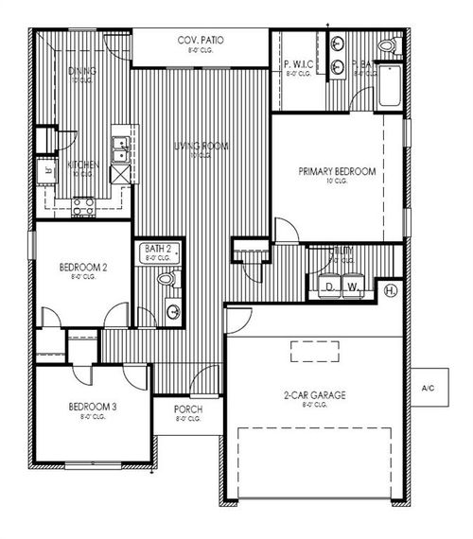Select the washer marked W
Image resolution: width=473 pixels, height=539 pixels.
(x=353, y=287)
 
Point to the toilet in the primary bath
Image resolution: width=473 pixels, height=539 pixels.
(x=386, y=45)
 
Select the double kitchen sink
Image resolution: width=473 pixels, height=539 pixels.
(x=120, y=145)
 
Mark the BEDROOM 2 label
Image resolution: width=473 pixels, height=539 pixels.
(x=82, y=268)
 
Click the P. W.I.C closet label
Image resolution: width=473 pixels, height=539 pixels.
(x=296, y=64)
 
